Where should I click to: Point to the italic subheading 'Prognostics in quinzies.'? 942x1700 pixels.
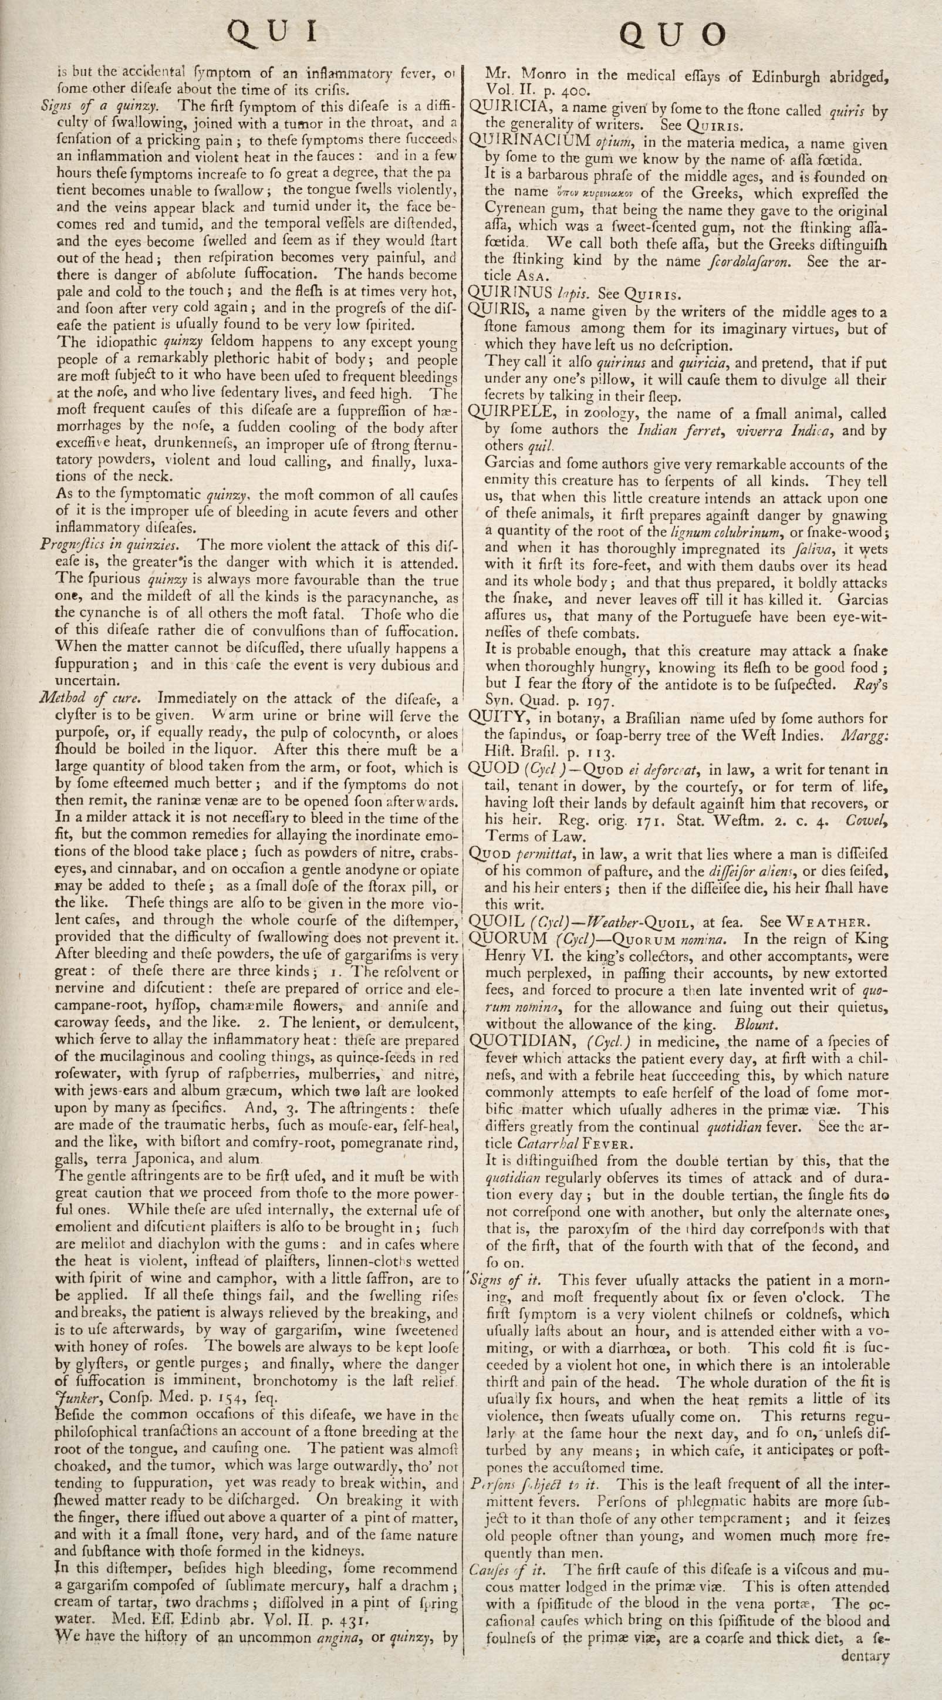pos(109,545)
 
